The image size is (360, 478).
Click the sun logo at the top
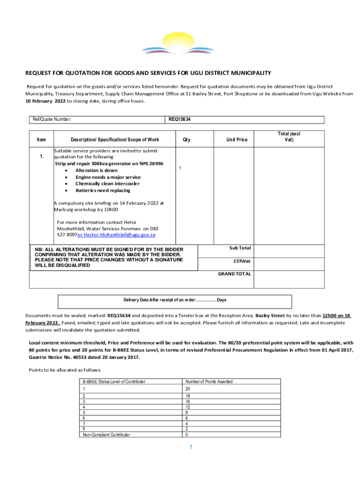click(180, 44)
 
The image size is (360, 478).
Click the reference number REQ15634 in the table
click(180, 119)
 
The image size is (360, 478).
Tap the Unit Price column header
click(237, 140)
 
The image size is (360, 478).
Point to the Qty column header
click(187, 140)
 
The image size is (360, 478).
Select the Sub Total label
click(240, 248)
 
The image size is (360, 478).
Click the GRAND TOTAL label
click(235, 274)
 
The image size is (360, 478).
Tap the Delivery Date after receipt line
click(174, 300)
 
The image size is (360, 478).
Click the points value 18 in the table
click(188, 396)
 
